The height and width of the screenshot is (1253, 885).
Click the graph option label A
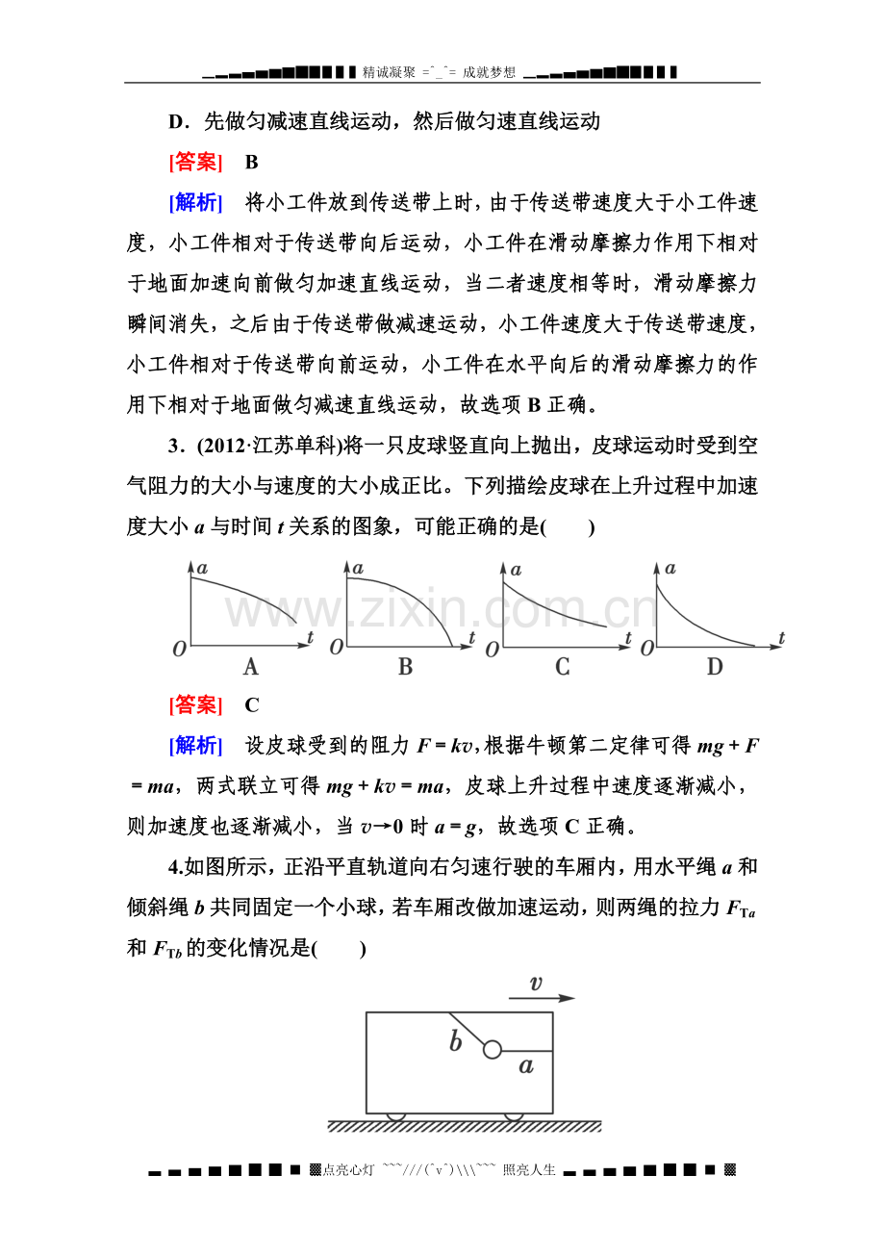pyautogui.click(x=251, y=667)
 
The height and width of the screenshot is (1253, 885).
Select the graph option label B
pyautogui.click(x=405, y=667)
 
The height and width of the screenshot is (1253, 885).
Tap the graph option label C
pyautogui.click(x=563, y=667)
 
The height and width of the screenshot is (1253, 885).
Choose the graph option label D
pyautogui.click(x=715, y=667)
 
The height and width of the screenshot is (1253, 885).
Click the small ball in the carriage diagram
pyautogui.click(x=493, y=1049)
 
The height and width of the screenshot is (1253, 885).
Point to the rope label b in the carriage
pyautogui.click(x=456, y=1042)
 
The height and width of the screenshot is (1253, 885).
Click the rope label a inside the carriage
pyautogui.click(x=525, y=1065)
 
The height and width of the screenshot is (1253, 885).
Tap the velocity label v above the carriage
pyautogui.click(x=536, y=983)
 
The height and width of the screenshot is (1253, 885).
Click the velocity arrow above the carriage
pyautogui.click(x=542, y=999)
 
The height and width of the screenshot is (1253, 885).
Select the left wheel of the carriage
pyautogui.click(x=395, y=1116)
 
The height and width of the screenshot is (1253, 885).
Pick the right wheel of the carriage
pyautogui.click(x=514, y=1116)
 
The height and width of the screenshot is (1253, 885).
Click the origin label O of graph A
pyautogui.click(x=179, y=650)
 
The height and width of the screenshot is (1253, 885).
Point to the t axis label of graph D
pyautogui.click(x=782, y=637)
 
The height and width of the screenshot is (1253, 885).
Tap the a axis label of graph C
pyautogui.click(x=516, y=568)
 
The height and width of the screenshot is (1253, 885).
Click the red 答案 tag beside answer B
pyautogui.click(x=195, y=163)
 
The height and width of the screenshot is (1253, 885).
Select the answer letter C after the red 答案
pyautogui.click(x=252, y=705)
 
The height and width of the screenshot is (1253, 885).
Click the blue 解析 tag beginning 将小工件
pyautogui.click(x=195, y=203)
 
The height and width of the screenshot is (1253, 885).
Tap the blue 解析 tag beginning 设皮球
pyautogui.click(x=195, y=746)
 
